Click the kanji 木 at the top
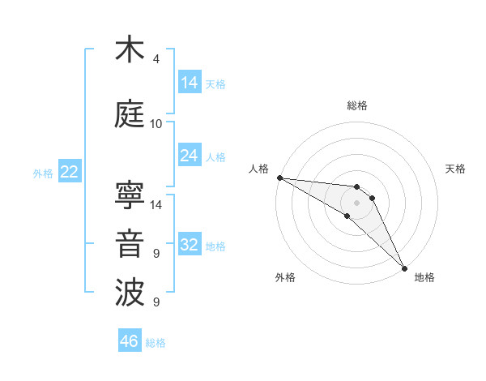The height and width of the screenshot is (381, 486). click(x=130, y=49)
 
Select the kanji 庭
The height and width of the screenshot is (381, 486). click(x=130, y=114)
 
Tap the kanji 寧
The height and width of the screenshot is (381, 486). click(x=130, y=195)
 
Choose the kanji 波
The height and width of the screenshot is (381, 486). click(x=130, y=293)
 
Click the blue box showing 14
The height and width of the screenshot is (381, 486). click(x=189, y=83)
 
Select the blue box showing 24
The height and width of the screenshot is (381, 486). click(x=189, y=156)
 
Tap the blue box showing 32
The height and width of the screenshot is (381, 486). click(x=189, y=245)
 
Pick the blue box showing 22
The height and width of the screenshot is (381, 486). click(x=69, y=172)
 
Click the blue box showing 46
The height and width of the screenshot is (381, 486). click(x=130, y=341)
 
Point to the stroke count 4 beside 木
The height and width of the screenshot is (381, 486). click(x=156, y=59)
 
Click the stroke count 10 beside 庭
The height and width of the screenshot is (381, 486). click(x=156, y=124)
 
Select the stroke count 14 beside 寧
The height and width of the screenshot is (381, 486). click(x=156, y=205)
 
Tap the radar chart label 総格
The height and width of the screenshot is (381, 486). click(x=356, y=105)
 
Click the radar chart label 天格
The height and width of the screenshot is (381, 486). click(x=455, y=169)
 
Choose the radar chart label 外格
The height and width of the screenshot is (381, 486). click(x=285, y=277)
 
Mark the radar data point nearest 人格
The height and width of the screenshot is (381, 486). click(x=279, y=178)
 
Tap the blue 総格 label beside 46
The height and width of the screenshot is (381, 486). click(x=156, y=343)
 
